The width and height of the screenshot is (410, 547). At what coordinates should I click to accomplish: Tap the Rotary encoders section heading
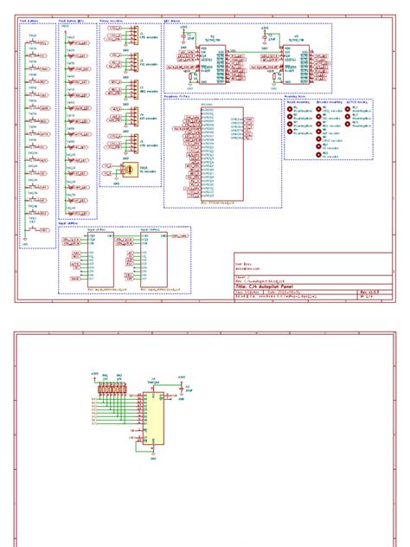[x=110, y=17]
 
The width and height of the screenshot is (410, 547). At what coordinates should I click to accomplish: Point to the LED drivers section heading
[x=172, y=17]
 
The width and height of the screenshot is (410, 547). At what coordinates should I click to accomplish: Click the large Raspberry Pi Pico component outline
[x=222, y=154]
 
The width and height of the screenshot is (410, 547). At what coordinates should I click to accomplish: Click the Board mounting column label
[x=298, y=104]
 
